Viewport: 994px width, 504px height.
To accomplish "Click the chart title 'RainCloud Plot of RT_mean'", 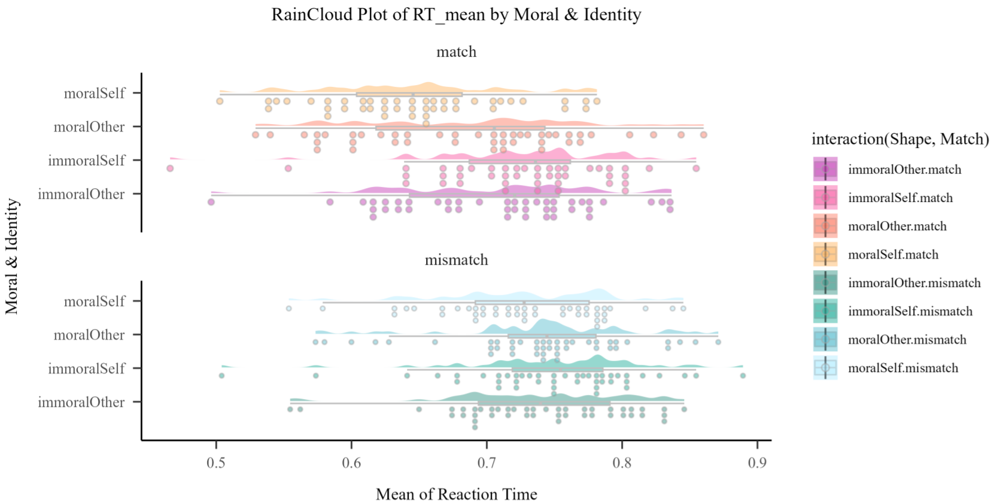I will [456, 14].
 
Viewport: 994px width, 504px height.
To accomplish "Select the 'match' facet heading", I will [456, 52].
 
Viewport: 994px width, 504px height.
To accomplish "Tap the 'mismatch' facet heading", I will [456, 260].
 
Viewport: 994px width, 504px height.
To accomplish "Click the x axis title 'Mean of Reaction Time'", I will [456, 494].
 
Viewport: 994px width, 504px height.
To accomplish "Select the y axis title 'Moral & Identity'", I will [12, 256].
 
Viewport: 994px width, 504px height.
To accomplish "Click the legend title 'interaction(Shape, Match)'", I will [900, 139].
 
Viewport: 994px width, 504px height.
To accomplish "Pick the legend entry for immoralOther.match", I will [904, 170].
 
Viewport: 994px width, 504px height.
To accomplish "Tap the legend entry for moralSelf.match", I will [893, 255].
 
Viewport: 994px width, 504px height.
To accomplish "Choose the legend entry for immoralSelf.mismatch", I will [910, 312].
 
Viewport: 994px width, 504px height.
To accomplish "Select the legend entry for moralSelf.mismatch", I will [902, 368].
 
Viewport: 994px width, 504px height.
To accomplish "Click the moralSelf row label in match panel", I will [95, 93].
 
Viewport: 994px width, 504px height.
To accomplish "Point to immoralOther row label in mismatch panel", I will [81, 402].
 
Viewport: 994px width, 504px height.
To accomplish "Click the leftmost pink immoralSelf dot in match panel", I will [170, 168].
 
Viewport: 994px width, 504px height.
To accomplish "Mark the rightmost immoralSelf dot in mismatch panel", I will [743, 376].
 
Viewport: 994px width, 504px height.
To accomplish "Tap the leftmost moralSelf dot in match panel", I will [220, 101].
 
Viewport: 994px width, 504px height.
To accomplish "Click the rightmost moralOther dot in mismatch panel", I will [718, 342].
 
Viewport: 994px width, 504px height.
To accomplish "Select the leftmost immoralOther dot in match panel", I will [211, 202].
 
